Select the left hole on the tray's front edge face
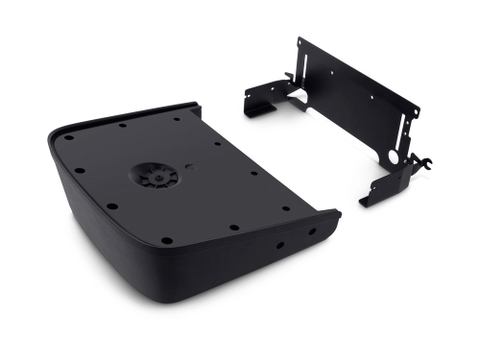click(279, 245)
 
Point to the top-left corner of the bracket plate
click(299, 40)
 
